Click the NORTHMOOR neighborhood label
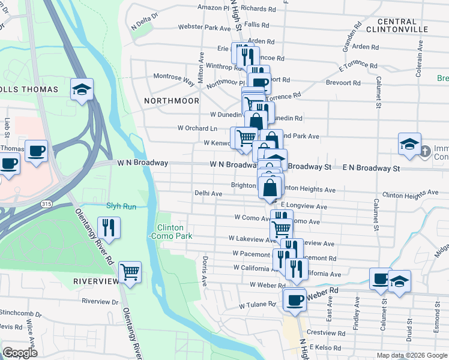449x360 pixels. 172,101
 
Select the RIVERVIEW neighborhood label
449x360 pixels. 96,281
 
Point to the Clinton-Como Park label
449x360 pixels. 175,232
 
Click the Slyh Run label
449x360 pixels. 122,206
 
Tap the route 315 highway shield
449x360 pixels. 46,204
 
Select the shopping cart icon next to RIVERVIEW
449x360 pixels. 130,271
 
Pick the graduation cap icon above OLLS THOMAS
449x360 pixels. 82,89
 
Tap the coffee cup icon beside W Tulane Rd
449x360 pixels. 294,299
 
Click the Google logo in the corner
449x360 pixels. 20,353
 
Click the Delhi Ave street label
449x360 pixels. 208,194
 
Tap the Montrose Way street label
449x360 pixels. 174,77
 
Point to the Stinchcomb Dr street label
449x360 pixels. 20,313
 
